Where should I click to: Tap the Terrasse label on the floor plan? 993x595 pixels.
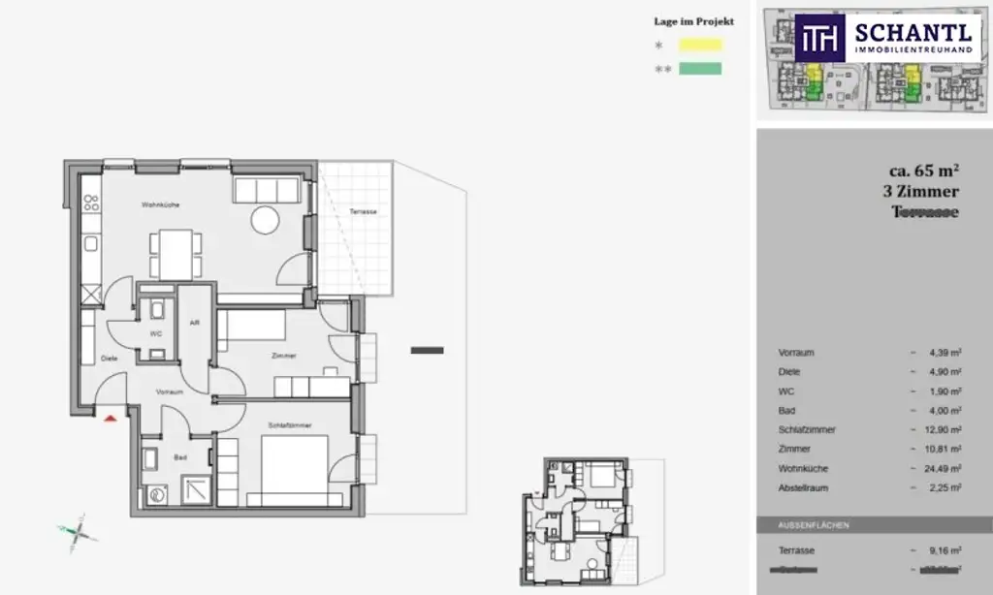(364, 211)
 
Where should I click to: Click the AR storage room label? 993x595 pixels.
(195, 323)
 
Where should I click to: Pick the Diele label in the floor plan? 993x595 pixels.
(109, 358)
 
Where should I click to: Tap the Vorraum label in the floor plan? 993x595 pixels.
(169, 392)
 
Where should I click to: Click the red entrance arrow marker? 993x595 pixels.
(110, 418)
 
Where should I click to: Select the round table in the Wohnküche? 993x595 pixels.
(266, 221)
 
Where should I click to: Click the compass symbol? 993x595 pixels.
(78, 532)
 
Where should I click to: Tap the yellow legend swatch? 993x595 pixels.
(700, 45)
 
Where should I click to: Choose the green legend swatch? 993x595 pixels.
(700, 69)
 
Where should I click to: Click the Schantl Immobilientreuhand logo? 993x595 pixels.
(885, 39)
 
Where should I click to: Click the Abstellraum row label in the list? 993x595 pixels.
(805, 488)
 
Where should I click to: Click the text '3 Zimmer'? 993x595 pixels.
(921, 192)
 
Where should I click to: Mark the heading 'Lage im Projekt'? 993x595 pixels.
(694, 21)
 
